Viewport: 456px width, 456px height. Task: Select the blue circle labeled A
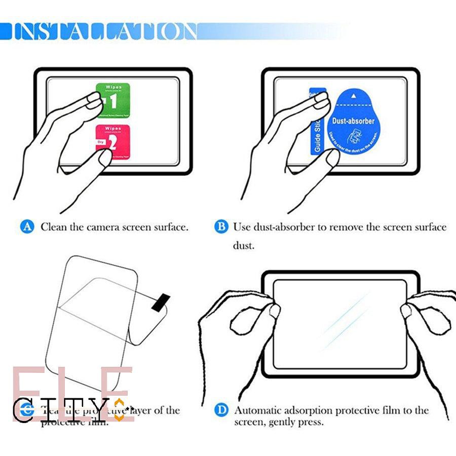(x=27, y=227)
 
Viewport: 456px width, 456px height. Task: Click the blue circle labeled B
(x=221, y=226)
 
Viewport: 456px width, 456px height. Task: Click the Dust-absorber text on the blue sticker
(x=353, y=121)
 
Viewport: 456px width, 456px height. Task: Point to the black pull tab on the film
(x=161, y=301)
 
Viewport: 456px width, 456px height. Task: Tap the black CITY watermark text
(x=66, y=409)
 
